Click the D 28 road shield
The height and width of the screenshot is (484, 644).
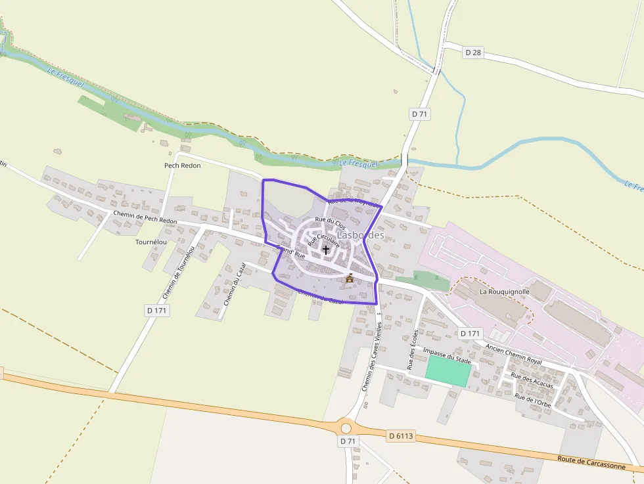[473, 52]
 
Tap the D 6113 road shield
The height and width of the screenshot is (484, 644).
[400, 435]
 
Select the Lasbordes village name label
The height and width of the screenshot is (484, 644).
[360, 235]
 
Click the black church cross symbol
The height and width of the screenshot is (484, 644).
[326, 250]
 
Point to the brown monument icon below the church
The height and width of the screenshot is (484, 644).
[350, 278]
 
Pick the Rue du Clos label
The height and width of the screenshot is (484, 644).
[331, 223]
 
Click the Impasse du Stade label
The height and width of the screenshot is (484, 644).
[448, 356]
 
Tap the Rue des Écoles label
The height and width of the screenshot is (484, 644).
[413, 349]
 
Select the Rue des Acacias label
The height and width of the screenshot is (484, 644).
[532, 380]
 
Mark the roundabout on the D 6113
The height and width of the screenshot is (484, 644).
[346, 428]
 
